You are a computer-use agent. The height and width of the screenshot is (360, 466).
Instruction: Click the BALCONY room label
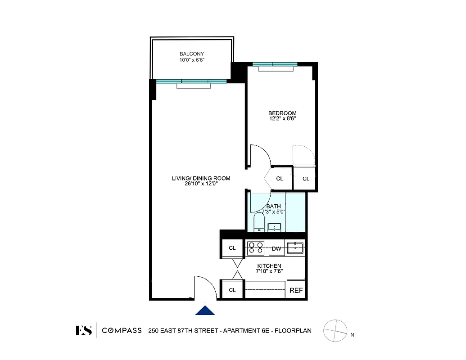tap(192, 54)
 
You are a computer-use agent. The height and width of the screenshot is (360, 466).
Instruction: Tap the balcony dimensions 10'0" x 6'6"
tap(192, 60)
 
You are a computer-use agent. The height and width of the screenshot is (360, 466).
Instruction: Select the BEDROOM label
tap(282, 113)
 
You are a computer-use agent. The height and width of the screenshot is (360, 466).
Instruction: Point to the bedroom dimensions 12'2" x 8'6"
tap(282, 119)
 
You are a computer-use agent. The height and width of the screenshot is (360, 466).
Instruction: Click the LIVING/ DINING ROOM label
tap(201, 178)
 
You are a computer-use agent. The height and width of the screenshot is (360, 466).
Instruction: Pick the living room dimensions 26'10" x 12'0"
tap(201, 184)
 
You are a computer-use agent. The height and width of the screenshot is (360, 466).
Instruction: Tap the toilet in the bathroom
tap(259, 222)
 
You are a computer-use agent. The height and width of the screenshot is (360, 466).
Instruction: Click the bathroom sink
tap(274, 227)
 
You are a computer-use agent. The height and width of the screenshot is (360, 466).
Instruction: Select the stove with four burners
tap(256, 248)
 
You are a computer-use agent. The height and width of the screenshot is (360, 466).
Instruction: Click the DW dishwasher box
tap(277, 248)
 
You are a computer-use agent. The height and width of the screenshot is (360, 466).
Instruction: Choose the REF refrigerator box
tap(296, 291)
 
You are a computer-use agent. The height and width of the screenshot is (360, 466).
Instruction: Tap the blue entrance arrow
tap(205, 310)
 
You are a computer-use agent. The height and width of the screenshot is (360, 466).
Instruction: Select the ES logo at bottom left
tap(84, 331)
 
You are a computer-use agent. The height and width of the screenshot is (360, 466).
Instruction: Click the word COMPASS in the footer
tap(122, 331)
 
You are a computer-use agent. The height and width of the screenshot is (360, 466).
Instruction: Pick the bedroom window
tap(275, 64)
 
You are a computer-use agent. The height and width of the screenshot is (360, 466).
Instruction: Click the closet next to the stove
tap(232, 248)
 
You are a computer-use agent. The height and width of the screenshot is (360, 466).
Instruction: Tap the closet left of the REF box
tap(232, 290)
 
